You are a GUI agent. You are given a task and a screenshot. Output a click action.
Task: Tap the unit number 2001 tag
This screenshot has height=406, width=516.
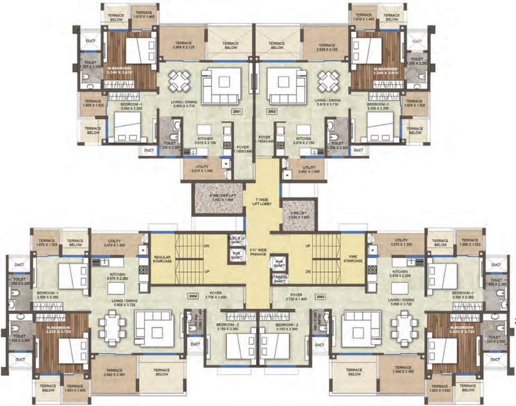236,112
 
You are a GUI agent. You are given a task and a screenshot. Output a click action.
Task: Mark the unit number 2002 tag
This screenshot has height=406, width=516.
272,112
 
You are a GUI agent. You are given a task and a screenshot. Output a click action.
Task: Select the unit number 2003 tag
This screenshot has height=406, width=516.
320,297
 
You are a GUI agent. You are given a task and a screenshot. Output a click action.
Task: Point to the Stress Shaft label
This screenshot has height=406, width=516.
279,278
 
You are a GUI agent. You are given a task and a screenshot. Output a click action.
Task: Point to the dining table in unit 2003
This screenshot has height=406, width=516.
404,328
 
